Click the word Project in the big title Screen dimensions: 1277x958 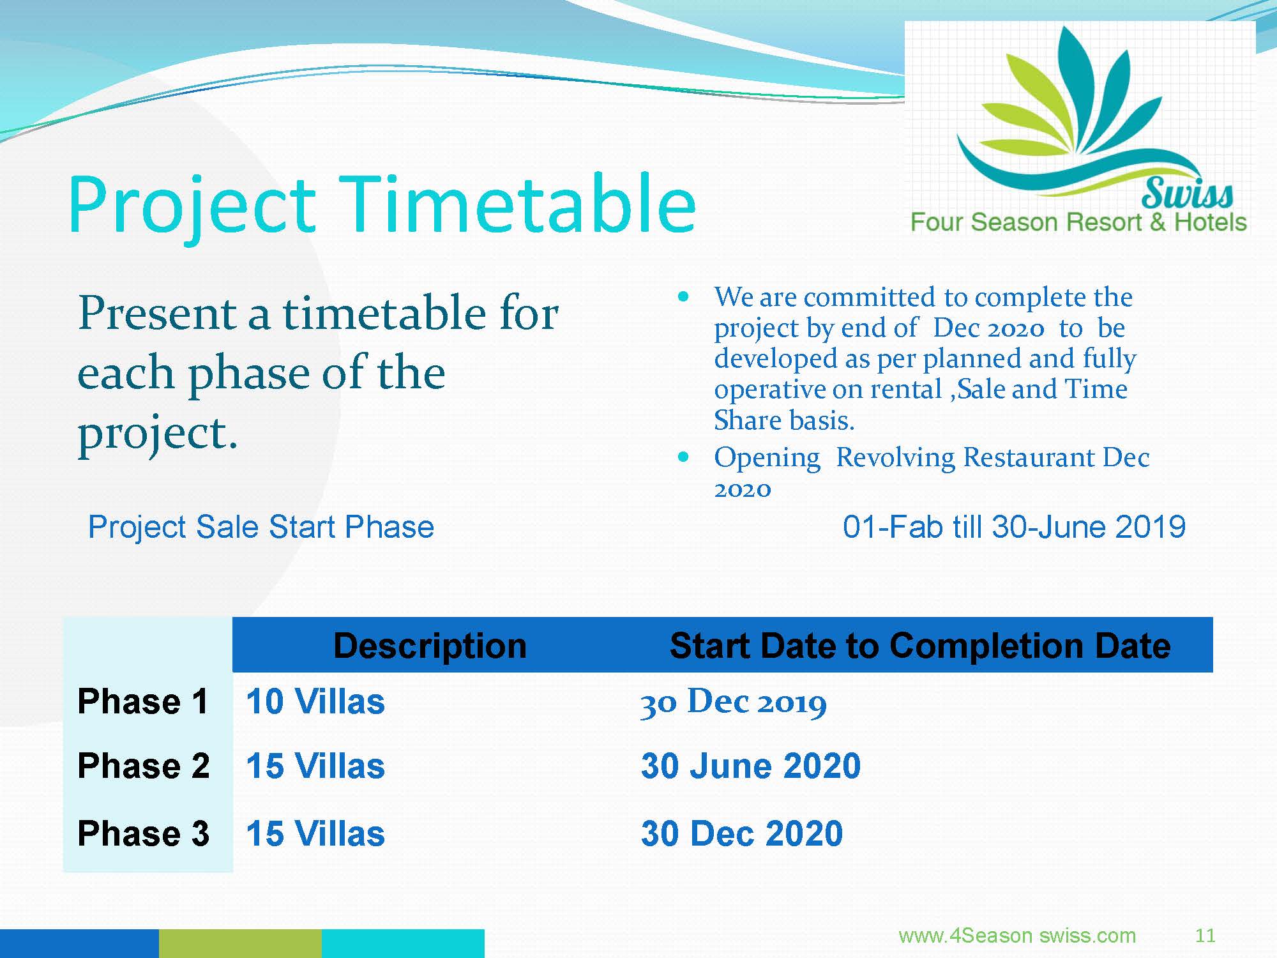[192, 208]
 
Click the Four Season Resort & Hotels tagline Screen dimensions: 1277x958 [1078, 222]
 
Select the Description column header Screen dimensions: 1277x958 [430, 646]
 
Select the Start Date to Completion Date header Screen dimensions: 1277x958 [920, 646]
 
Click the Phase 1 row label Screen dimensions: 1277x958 [143, 701]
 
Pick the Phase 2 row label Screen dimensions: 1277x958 [143, 766]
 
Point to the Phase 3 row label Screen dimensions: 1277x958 [143, 833]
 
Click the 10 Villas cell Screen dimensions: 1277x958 [315, 701]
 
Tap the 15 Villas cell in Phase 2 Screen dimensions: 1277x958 [315, 766]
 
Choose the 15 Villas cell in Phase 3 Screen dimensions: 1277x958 [315, 833]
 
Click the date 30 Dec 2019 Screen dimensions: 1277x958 [734, 703]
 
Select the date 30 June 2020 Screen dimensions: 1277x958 [751, 766]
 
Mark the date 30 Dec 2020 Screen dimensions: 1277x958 [742, 833]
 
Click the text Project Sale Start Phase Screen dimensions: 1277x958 [261, 528]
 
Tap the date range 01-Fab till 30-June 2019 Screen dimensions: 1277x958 [1014, 528]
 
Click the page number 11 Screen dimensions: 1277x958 [1205, 936]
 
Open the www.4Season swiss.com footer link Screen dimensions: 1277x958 [1017, 936]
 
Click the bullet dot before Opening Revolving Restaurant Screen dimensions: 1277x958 [684, 457]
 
